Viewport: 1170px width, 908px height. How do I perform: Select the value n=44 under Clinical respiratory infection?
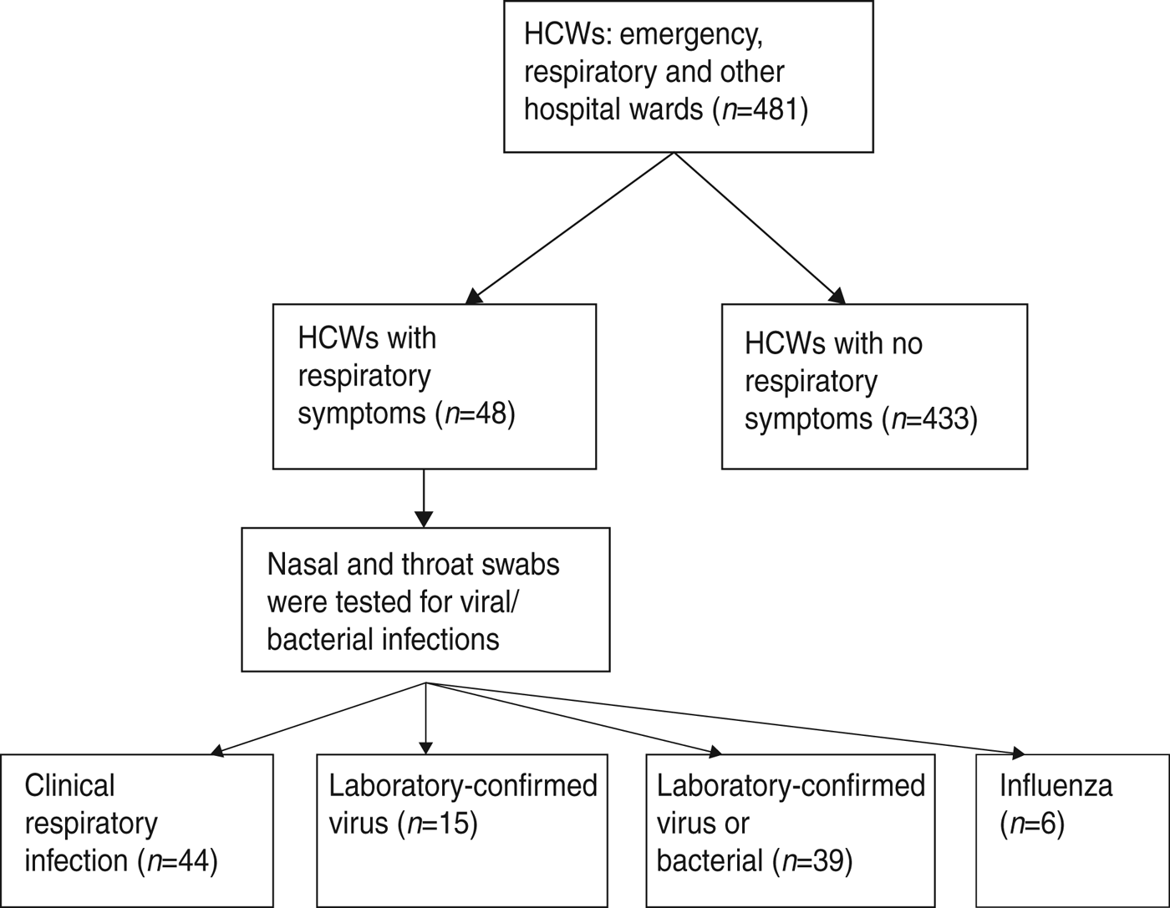pyautogui.click(x=181, y=860)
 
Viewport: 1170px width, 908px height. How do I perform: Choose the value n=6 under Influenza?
pyautogui.click(x=1033, y=824)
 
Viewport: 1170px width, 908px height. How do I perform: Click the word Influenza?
pyautogui.click(x=1056, y=786)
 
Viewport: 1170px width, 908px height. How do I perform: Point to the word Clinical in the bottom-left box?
pyautogui.click(x=70, y=786)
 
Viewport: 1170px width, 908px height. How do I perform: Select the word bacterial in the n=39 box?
pyautogui.click(x=710, y=860)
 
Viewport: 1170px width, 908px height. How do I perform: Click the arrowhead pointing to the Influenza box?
pyautogui.click(x=1018, y=753)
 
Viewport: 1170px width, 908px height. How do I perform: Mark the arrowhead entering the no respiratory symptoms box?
pyautogui.click(x=837, y=297)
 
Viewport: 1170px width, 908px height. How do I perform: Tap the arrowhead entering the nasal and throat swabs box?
pyautogui.click(x=424, y=520)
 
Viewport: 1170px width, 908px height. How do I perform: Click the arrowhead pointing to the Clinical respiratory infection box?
pyautogui.click(x=217, y=751)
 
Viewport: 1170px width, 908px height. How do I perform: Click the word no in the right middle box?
pyautogui.click(x=906, y=344)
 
